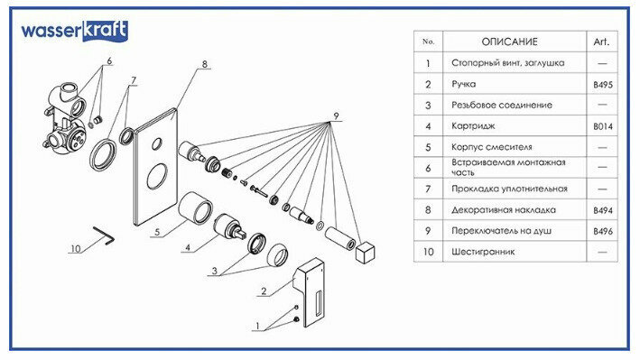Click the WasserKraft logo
click(74, 31)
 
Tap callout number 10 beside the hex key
click(76, 249)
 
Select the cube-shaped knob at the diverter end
click(365, 251)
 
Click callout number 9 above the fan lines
click(336, 115)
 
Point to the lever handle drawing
click(310, 292)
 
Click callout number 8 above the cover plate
click(205, 64)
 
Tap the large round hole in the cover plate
click(157, 177)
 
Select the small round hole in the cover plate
click(157, 143)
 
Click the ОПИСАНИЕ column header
click(509, 42)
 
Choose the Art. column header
click(601, 42)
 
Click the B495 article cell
click(603, 85)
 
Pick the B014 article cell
click(603, 126)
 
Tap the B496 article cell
click(603, 231)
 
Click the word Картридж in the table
click(473, 126)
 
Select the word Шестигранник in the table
click(483, 252)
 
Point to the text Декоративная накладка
click(504, 210)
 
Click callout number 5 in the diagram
click(157, 233)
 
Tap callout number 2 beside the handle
click(264, 291)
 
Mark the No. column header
click(428, 42)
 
